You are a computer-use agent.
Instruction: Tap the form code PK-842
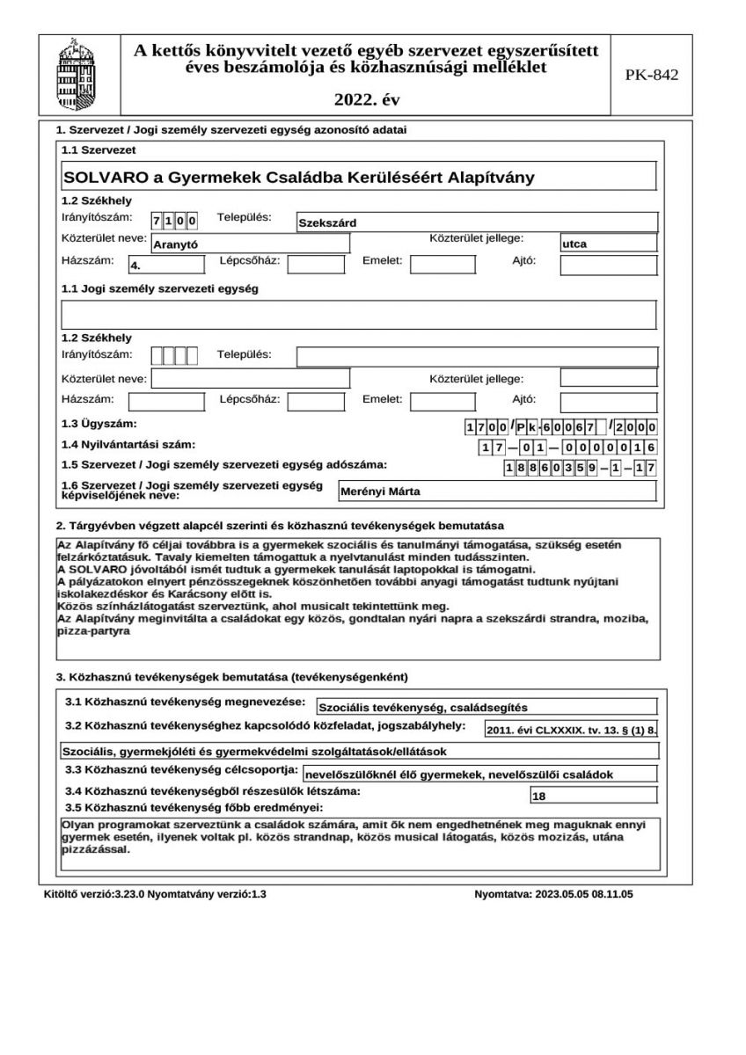652,76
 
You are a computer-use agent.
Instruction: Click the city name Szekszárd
327,222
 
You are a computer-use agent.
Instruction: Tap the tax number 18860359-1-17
580,469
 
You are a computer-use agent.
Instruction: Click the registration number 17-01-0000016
567,447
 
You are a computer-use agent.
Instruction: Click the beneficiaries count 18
539,797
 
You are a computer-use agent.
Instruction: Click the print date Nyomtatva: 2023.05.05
553,895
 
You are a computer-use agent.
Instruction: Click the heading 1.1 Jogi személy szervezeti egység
159,288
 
